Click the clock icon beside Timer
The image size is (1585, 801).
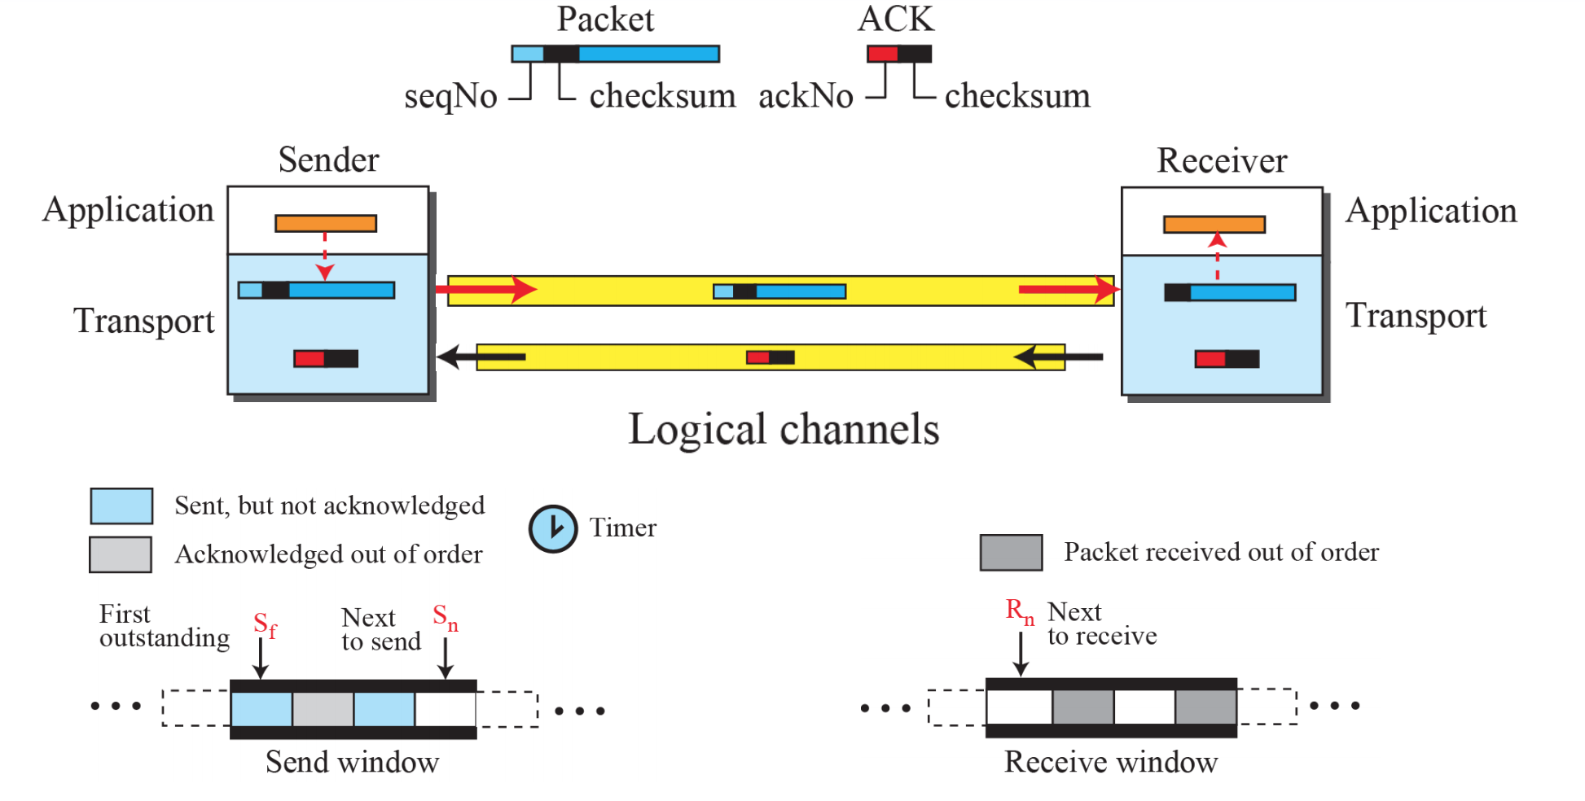(553, 529)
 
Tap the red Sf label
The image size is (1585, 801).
(265, 625)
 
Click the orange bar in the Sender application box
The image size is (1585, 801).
(326, 223)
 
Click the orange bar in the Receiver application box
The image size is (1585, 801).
(1214, 224)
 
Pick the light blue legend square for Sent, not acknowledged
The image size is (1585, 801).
(121, 506)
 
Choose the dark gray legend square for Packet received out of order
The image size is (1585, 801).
(1011, 553)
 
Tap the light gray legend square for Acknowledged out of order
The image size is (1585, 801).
(121, 554)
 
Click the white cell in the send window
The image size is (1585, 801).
(446, 709)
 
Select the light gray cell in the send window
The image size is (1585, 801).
(323, 709)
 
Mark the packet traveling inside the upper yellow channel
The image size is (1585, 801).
(779, 291)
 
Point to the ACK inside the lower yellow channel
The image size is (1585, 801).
(771, 357)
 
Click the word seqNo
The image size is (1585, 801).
(450, 97)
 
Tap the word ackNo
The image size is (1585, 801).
(806, 96)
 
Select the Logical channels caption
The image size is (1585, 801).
(784, 429)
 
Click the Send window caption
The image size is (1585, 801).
(352, 763)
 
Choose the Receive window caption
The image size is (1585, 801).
(1111, 763)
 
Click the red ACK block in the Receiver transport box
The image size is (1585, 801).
(1210, 359)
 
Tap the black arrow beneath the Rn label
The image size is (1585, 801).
(1020, 654)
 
